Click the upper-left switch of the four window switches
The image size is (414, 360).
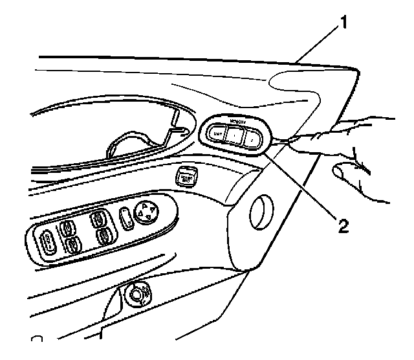67,227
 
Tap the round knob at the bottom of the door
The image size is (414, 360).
137,293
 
